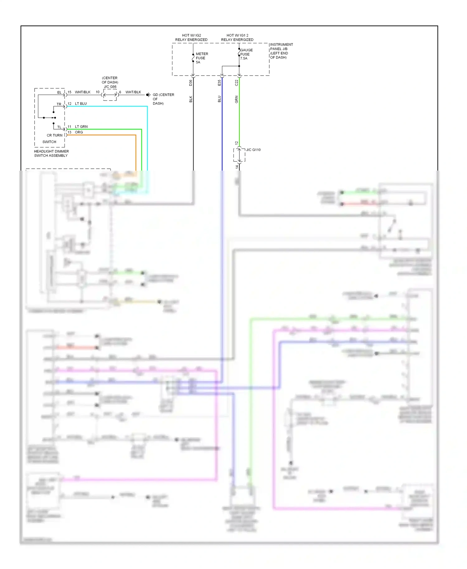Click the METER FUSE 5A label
(201, 58)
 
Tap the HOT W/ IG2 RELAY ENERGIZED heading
(191, 38)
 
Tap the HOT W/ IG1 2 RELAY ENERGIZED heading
(237, 38)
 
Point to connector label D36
(191, 83)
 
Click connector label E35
(219, 83)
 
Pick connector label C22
(236, 83)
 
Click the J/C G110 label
(253, 150)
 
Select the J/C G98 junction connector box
(110, 95)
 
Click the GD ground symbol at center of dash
(149, 95)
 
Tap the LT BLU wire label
(81, 104)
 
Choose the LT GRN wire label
(81, 127)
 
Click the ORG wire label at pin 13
(79, 132)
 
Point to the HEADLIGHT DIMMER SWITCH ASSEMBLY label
(51, 153)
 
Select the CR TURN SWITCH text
(54, 138)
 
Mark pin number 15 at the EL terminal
(69, 92)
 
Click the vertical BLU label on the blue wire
(219, 99)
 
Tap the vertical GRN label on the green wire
(236, 99)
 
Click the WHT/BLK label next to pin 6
(133, 92)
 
